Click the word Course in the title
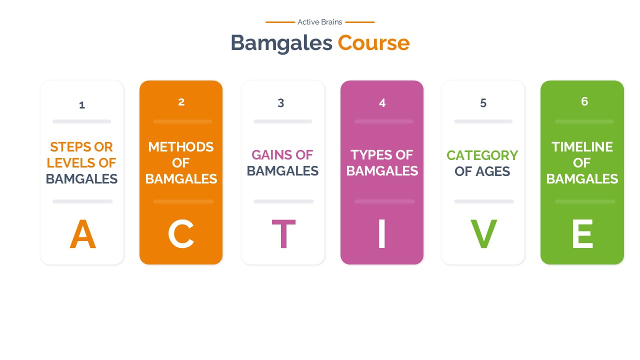[373, 43]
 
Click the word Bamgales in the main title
[281, 43]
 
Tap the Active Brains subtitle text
[320, 22]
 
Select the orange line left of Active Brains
[280, 22]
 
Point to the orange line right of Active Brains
[359, 22]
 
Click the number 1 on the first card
[82, 105]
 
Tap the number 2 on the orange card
[181, 102]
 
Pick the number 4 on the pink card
[382, 103]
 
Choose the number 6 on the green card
[584, 101]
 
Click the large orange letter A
[82, 234]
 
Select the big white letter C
[181, 234]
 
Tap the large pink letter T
[283, 234]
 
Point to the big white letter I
[382, 234]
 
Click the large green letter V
[483, 234]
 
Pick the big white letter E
[582, 234]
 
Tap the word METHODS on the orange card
[181, 147]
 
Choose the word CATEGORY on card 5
[482, 155]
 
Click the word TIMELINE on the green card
[582, 147]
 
